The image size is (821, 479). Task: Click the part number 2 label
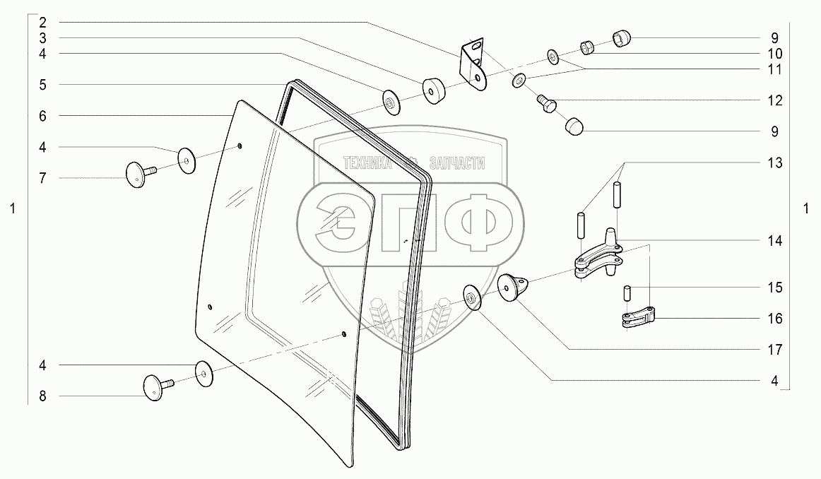click(42, 22)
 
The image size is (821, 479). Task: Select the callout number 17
click(775, 349)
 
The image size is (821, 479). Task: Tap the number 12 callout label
click(775, 100)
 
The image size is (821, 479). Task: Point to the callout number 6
click(42, 115)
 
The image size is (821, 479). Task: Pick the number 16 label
click(775, 319)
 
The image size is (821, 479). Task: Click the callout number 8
click(42, 396)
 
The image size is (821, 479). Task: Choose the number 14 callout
click(775, 241)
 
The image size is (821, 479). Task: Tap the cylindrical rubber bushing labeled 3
click(434, 90)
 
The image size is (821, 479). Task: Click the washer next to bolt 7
click(187, 160)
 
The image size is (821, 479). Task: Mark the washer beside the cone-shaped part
click(471, 297)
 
